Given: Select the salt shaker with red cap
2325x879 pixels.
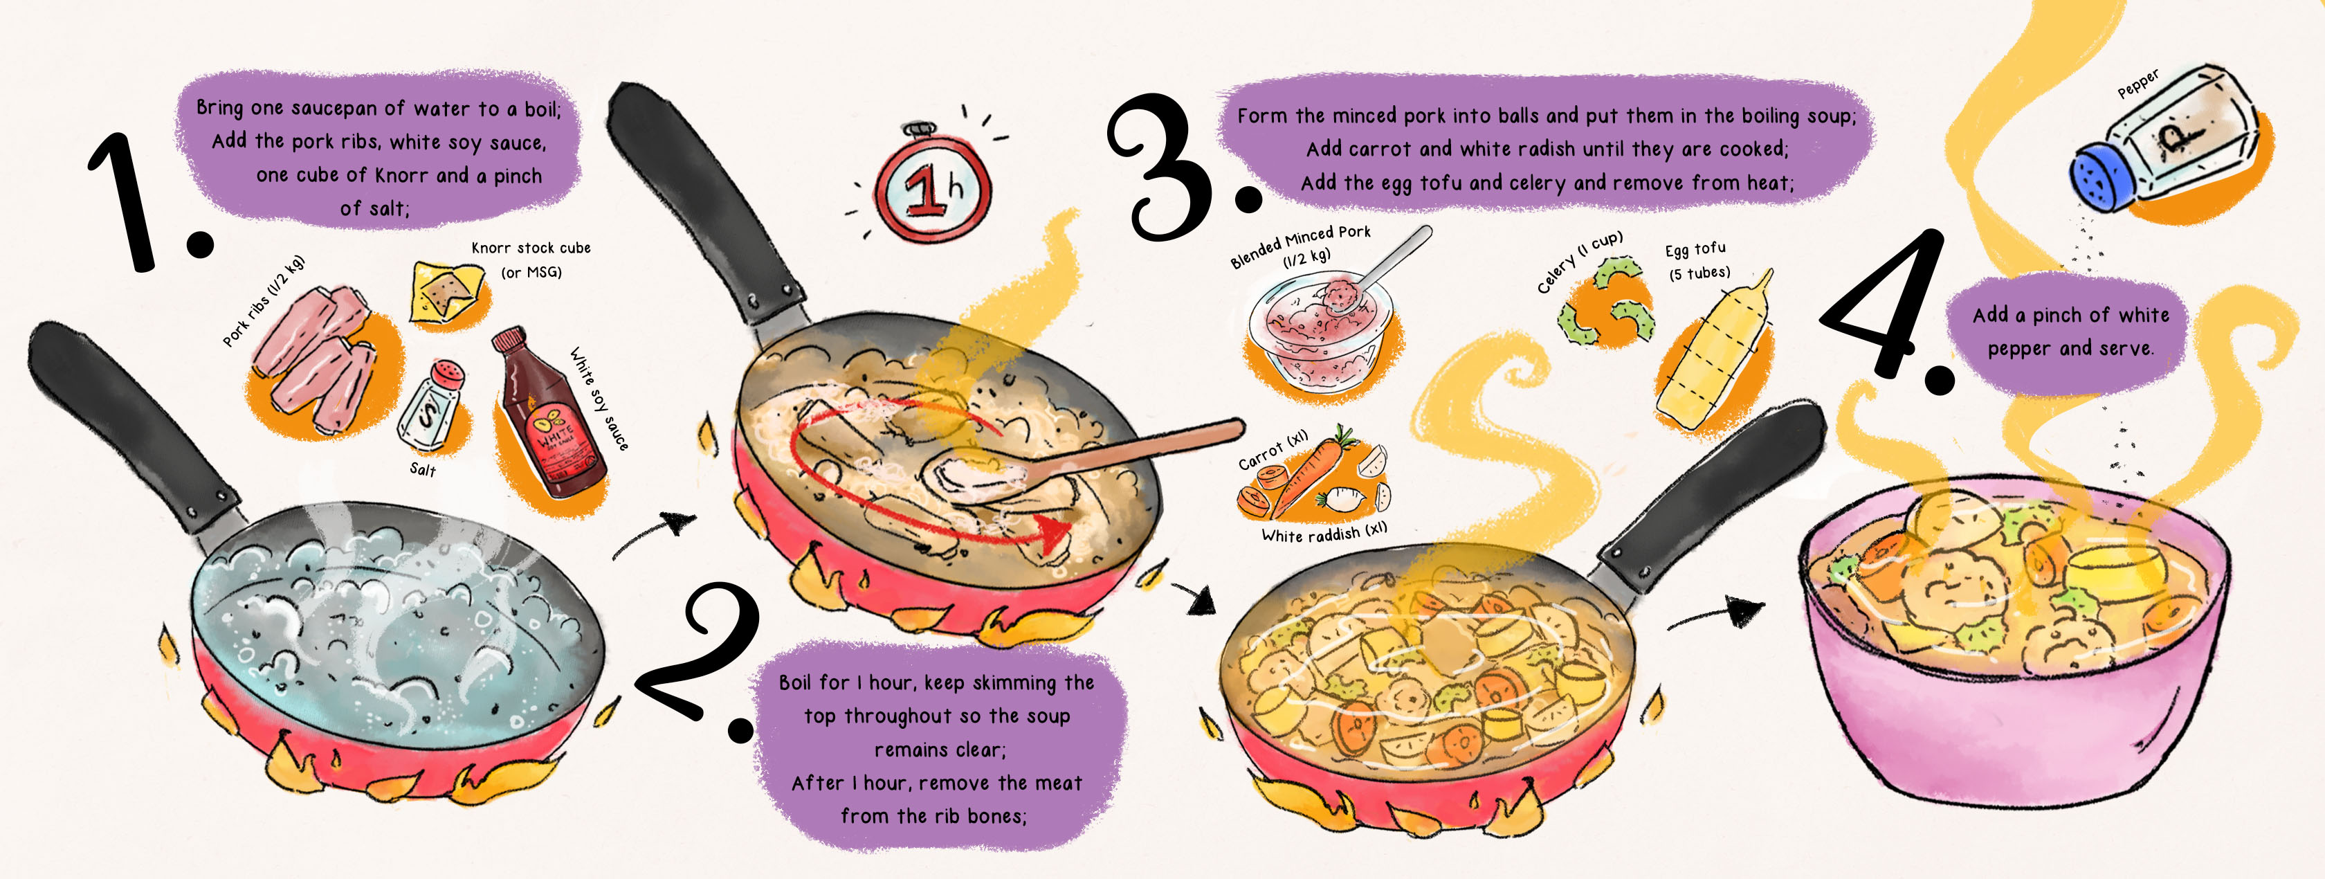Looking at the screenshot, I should click(x=433, y=406).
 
